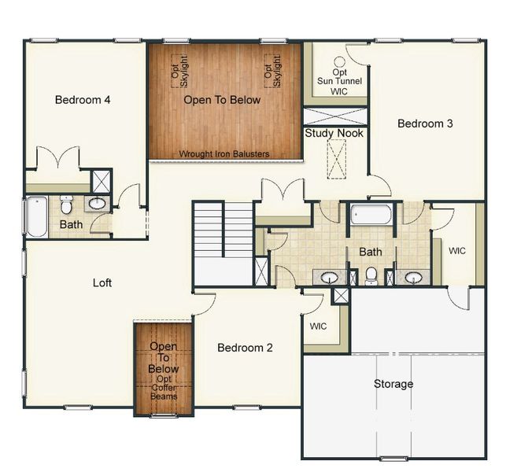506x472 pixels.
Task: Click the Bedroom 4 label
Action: tap(83, 100)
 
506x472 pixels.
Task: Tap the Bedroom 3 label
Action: tap(425, 124)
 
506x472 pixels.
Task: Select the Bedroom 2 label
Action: tap(245, 348)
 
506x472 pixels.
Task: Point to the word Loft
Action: tap(102, 282)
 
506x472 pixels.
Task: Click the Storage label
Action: tap(393, 384)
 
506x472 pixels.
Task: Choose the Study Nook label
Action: tap(334, 133)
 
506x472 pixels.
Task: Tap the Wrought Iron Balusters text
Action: tap(224, 154)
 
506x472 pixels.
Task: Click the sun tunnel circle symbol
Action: tap(339, 61)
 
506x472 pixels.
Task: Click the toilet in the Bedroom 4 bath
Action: tap(67, 206)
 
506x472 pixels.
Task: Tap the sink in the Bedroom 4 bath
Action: tap(96, 204)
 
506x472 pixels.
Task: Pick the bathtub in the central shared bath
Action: tap(371, 214)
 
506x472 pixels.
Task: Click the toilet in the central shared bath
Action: tap(371, 275)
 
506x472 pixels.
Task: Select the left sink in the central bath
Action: tap(329, 277)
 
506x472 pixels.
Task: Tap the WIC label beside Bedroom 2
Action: tap(318, 326)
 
